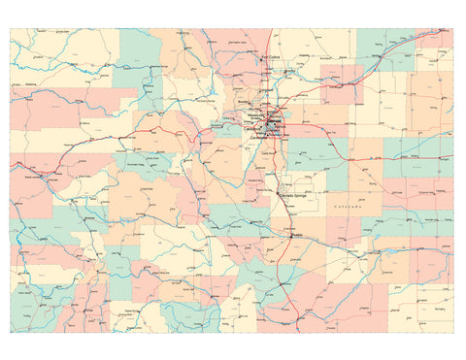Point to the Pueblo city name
[297, 235]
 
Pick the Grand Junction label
[36, 178]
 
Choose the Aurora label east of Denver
[288, 124]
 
